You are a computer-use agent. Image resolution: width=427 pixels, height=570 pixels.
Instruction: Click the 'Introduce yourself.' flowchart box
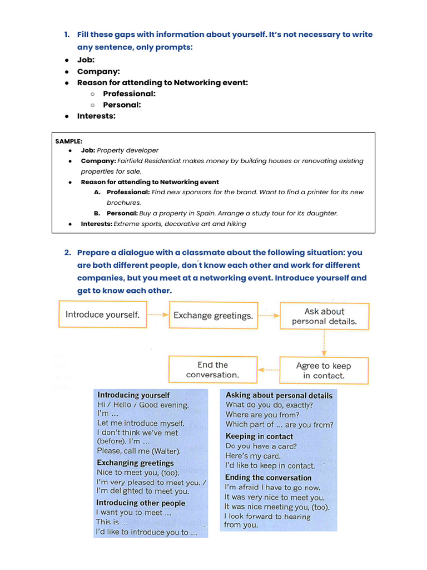pos(103,315)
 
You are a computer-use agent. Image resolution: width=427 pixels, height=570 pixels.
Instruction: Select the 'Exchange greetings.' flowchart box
pos(213,316)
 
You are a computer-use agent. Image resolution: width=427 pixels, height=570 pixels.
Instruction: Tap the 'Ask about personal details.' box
pos(324,316)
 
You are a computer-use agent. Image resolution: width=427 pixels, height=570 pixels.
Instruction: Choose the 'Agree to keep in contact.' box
pos(324,371)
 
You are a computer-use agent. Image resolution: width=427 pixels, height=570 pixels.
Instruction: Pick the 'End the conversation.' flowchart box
pos(212,370)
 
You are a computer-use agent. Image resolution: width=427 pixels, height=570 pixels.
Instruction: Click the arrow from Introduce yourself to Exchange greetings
pos(158,315)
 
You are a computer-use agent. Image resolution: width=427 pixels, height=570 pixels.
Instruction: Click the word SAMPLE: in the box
pos(68,141)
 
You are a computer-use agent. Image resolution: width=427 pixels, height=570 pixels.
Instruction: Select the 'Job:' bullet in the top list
pos(86,60)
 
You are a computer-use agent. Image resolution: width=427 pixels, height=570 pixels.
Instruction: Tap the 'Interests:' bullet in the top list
pos(96,116)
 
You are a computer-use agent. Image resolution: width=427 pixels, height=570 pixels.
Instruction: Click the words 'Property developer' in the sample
pos(128,150)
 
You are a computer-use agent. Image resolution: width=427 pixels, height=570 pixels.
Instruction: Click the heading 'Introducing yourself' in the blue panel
pos(133,395)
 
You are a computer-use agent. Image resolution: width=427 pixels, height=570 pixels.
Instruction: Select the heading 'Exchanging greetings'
pos(135,463)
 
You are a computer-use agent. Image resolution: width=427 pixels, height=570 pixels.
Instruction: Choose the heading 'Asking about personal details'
pos(279,395)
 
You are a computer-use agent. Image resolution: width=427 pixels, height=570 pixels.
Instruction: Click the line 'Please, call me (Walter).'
pos(138,450)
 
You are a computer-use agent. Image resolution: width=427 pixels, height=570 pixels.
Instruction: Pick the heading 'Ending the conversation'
pos(268,478)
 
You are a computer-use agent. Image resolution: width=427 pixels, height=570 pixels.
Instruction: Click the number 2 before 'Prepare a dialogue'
pos(67,253)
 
